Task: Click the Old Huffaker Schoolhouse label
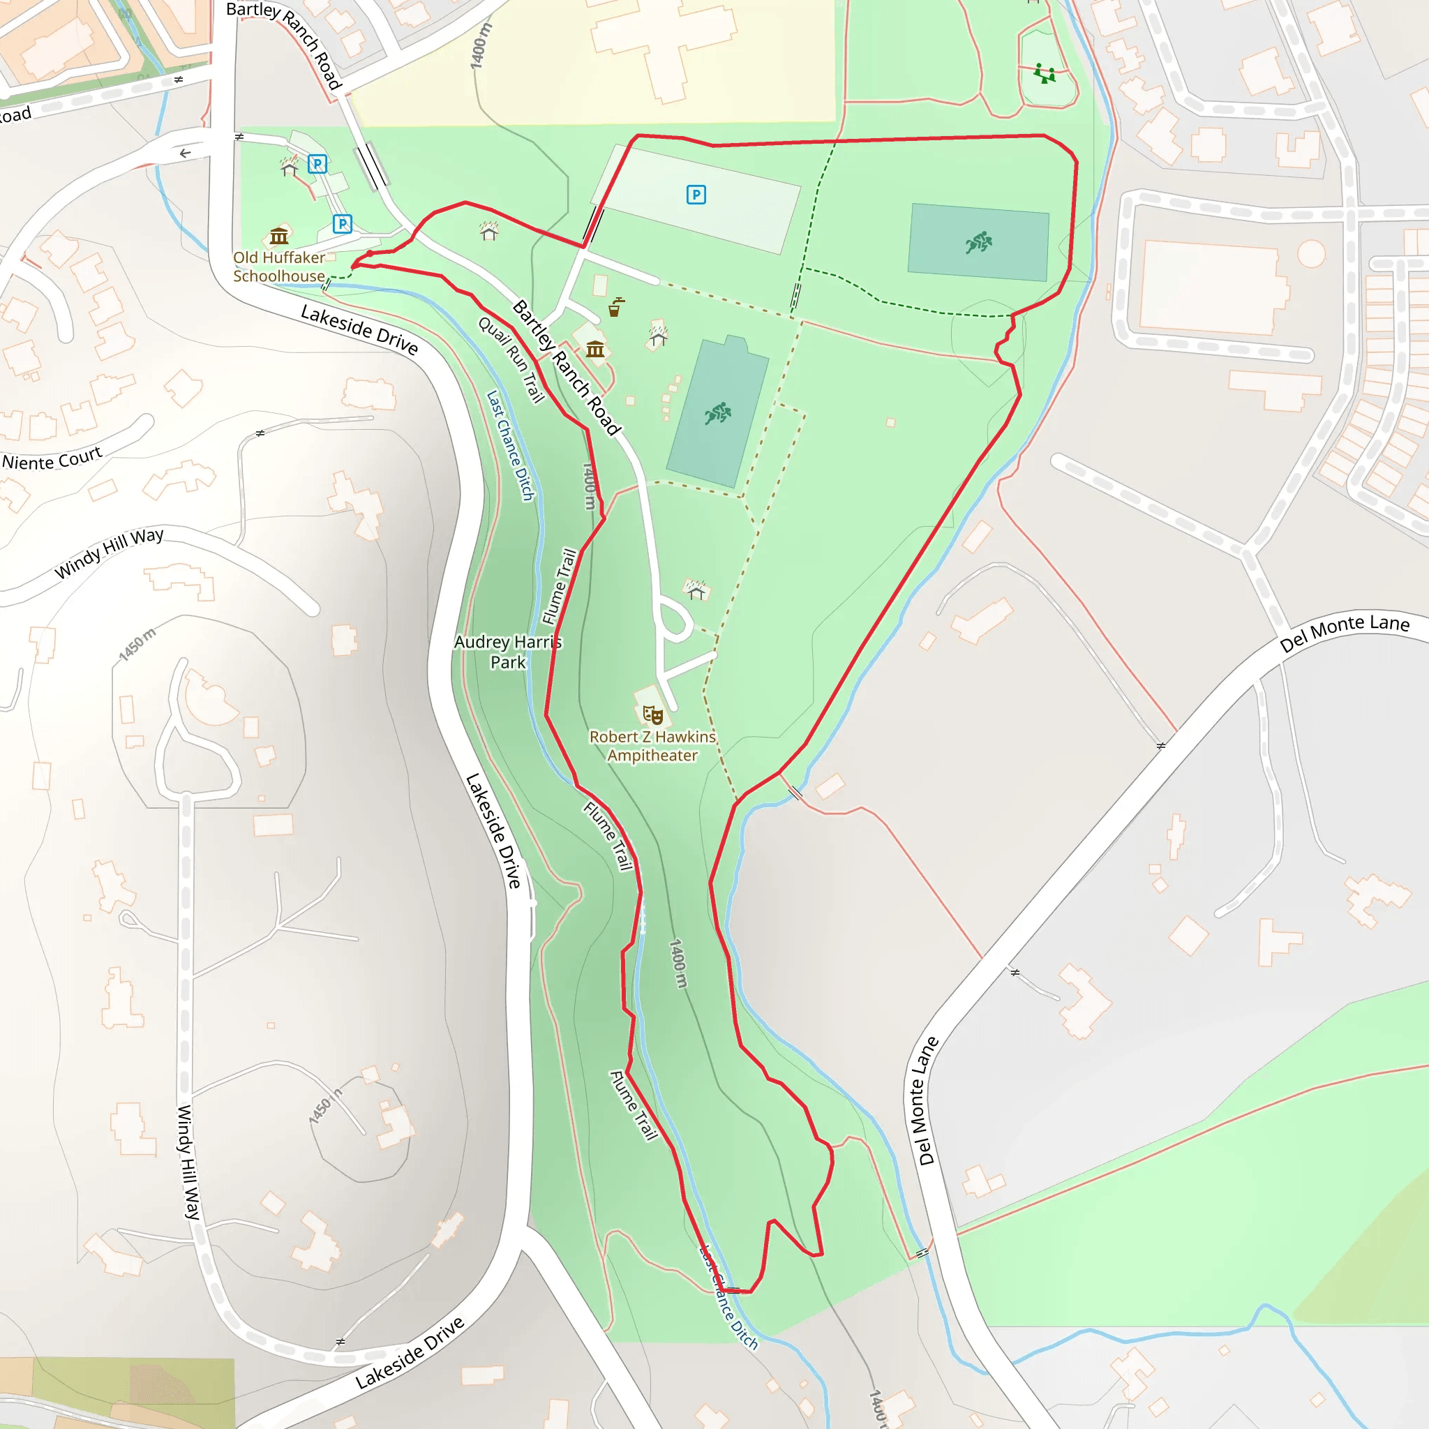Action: [279, 267]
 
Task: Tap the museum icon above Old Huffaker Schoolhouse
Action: [279, 236]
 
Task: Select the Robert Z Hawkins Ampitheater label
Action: [652, 746]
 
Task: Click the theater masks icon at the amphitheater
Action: [652, 714]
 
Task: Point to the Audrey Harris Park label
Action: [508, 652]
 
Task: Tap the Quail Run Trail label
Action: [511, 359]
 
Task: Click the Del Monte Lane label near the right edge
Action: [1344, 632]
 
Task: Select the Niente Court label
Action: [51, 459]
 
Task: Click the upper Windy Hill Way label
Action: [110, 553]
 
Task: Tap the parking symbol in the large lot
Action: [696, 195]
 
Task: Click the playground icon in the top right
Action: [1045, 73]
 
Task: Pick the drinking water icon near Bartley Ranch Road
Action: [615, 307]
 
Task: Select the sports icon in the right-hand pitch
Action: [978, 242]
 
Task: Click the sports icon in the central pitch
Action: [717, 414]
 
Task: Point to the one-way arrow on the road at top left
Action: [185, 153]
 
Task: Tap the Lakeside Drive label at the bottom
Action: [410, 1353]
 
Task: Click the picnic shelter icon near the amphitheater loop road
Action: [696, 590]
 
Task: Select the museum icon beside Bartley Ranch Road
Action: [594, 349]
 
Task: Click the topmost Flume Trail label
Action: [559, 586]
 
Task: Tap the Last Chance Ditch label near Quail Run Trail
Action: [509, 445]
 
